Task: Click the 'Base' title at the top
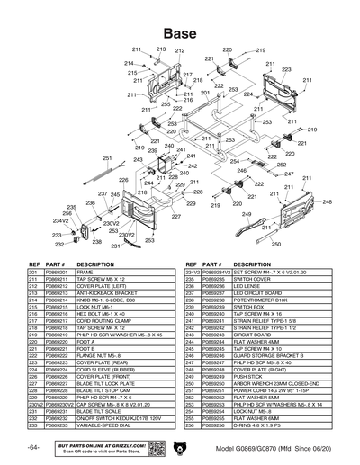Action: click(179, 32)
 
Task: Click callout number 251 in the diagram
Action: click(106, 158)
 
